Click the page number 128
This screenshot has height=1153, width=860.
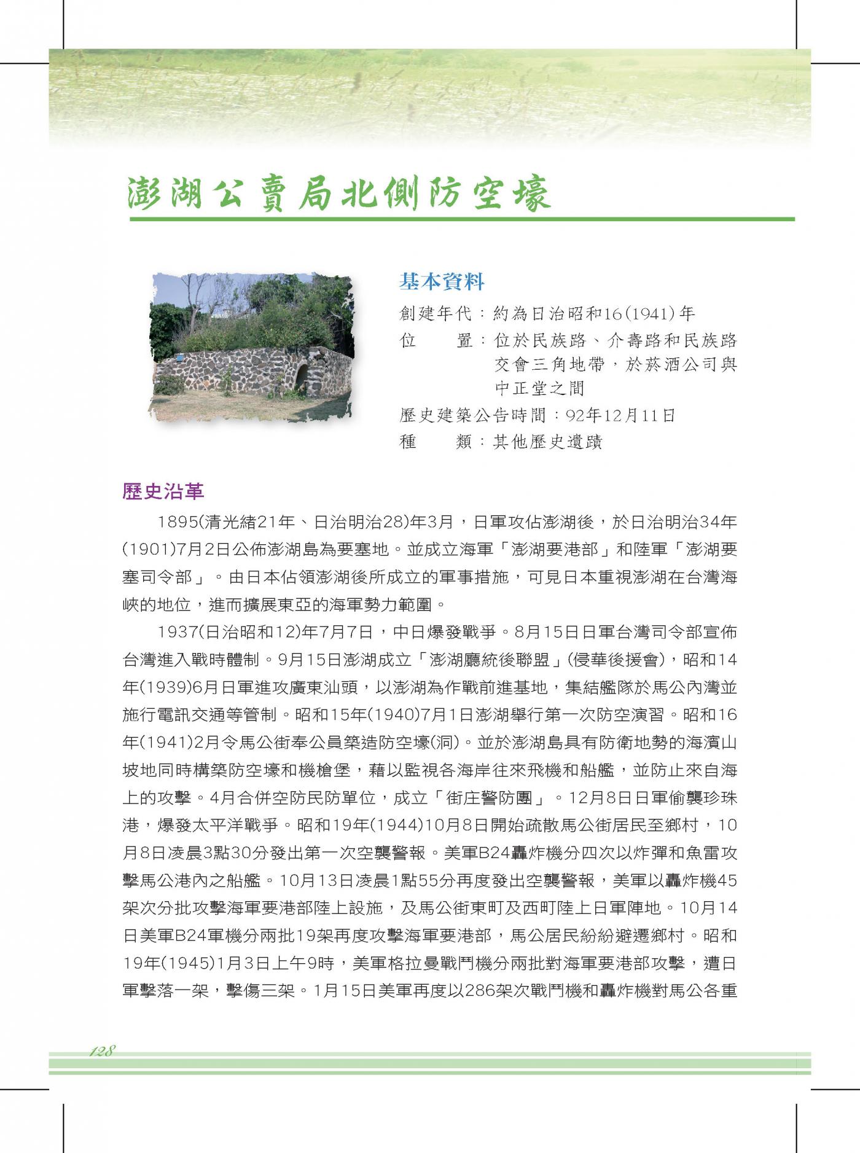pyautogui.click(x=103, y=1050)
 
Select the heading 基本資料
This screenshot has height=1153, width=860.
pyautogui.click(x=442, y=282)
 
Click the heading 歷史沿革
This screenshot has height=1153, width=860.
pyautogui.click(x=163, y=491)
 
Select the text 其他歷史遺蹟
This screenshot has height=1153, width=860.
pyautogui.click(x=548, y=442)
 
